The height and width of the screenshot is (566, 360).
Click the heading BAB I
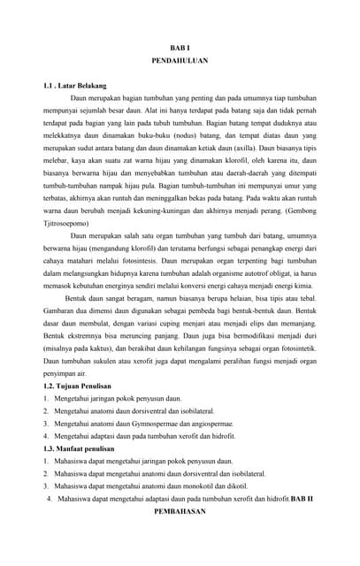click(180, 46)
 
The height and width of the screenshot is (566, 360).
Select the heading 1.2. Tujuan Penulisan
click(77, 386)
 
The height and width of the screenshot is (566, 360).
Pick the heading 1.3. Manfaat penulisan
click(80, 448)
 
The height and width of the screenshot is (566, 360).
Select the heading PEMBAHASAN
click(180, 511)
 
